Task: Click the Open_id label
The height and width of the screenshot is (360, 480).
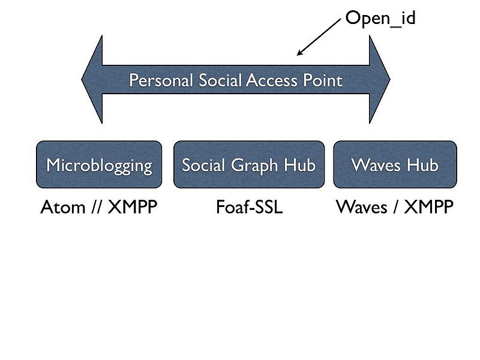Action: (380, 19)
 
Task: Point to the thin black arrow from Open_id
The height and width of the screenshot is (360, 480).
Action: (319, 37)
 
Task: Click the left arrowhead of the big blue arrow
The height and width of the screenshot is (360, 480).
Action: (92, 79)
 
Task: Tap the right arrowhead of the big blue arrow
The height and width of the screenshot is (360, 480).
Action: (380, 79)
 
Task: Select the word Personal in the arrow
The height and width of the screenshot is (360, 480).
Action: (161, 80)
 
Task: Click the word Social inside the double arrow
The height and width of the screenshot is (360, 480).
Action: (218, 80)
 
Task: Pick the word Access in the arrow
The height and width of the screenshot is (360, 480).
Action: (272, 80)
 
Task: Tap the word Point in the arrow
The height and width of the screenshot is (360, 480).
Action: (323, 80)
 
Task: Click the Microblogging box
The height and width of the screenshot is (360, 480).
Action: (99, 164)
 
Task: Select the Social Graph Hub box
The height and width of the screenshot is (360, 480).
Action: (249, 164)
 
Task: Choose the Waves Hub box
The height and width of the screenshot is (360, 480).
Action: (395, 164)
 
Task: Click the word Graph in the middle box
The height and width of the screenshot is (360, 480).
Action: (254, 166)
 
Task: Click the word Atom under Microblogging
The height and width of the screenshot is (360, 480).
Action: (63, 207)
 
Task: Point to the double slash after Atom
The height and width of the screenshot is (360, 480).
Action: (97, 207)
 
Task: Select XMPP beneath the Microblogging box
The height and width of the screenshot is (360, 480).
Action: (133, 207)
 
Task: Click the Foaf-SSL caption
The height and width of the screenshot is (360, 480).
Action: (249, 207)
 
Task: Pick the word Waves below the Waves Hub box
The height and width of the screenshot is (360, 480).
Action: (362, 207)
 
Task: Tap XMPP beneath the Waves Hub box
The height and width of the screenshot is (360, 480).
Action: (428, 207)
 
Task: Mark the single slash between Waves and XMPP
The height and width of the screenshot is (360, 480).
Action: (396, 207)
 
